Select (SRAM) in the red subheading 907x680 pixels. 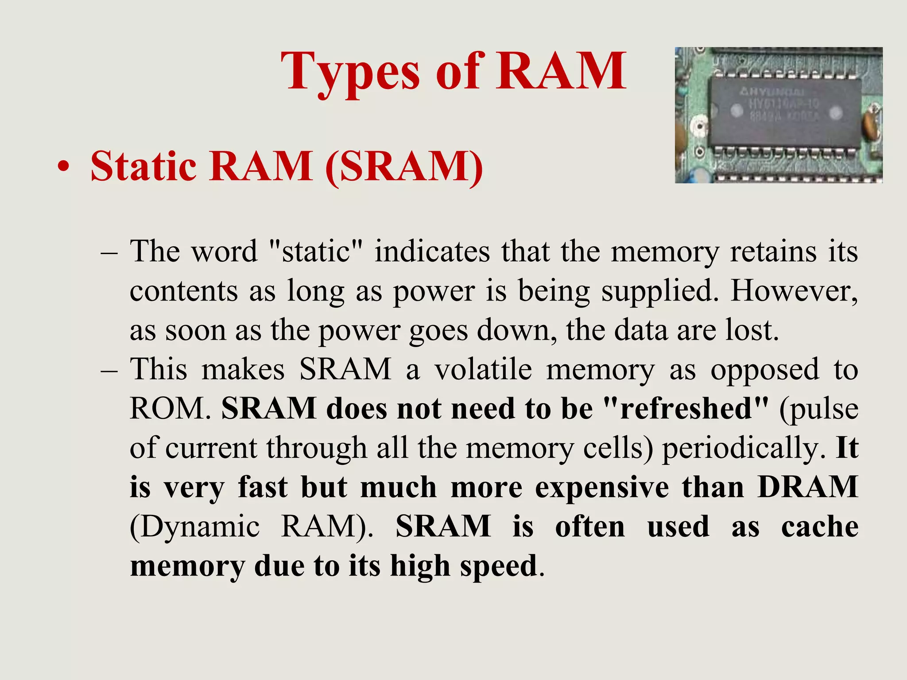coord(403,167)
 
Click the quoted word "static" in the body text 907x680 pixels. coord(316,251)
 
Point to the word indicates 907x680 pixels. coord(432,251)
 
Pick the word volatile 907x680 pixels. coord(483,369)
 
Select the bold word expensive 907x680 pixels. coord(602,488)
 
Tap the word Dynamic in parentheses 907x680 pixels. coord(195,527)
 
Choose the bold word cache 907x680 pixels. coord(820,527)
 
